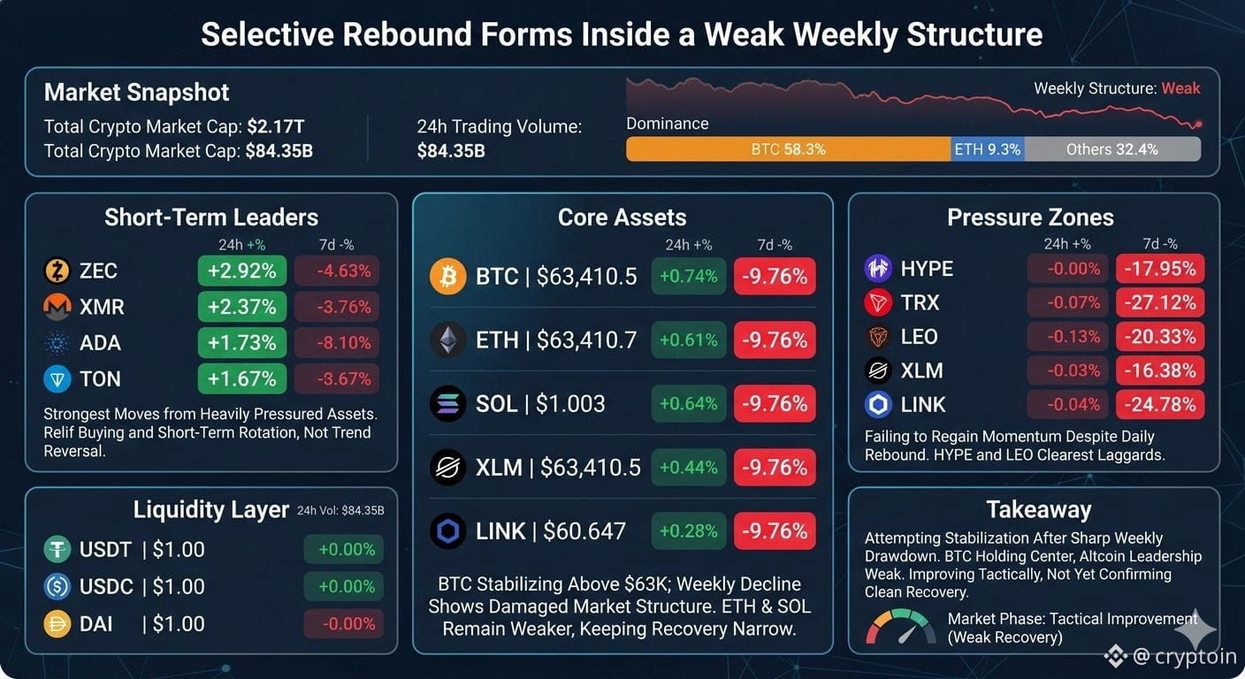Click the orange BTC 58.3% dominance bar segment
pyautogui.click(x=788, y=149)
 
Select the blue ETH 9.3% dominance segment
pyautogui.click(x=988, y=149)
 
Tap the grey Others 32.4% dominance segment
pyautogui.click(x=1112, y=149)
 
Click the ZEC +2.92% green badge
pyautogui.click(x=241, y=271)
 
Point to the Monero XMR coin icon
pyautogui.click(x=57, y=307)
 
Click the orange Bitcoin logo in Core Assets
pyautogui.click(x=447, y=276)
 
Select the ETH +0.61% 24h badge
pyautogui.click(x=689, y=340)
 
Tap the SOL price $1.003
pyautogui.click(x=570, y=403)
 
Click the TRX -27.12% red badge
pyautogui.click(x=1160, y=303)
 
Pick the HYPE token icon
pyautogui.click(x=878, y=269)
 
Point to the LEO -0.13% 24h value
pyautogui.click(x=1073, y=337)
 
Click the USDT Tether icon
pyautogui.click(x=57, y=550)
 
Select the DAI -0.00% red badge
pyautogui.click(x=343, y=624)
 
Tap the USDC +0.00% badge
pyautogui.click(x=343, y=587)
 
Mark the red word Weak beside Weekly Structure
pyautogui.click(x=1180, y=88)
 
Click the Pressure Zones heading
pyautogui.click(x=1030, y=217)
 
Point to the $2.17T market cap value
pyautogui.click(x=276, y=126)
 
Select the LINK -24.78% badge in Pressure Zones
pyautogui.click(x=1160, y=405)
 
